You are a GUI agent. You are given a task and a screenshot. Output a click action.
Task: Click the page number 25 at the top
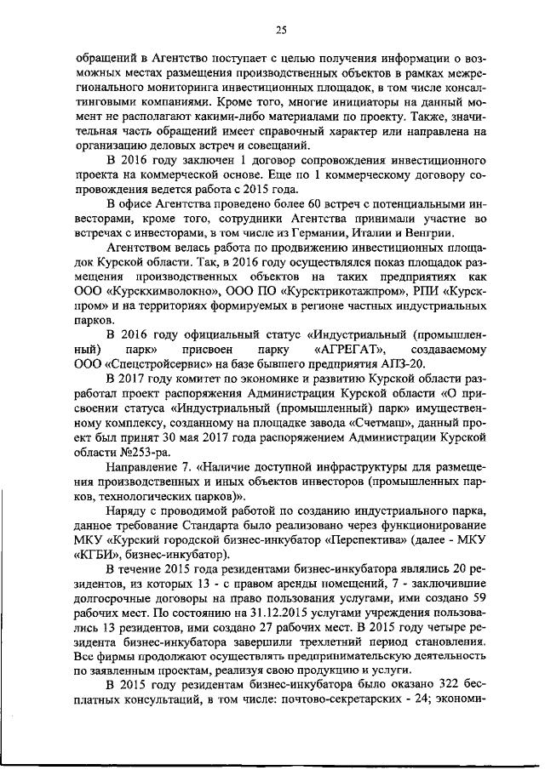(280, 30)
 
